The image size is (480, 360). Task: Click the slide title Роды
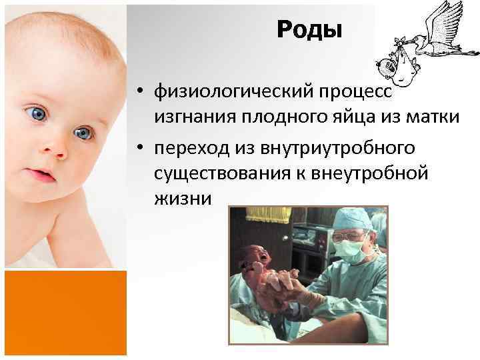[x=309, y=29]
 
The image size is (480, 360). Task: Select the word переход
[x=189, y=146]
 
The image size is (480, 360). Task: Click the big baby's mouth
[x=43, y=176]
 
